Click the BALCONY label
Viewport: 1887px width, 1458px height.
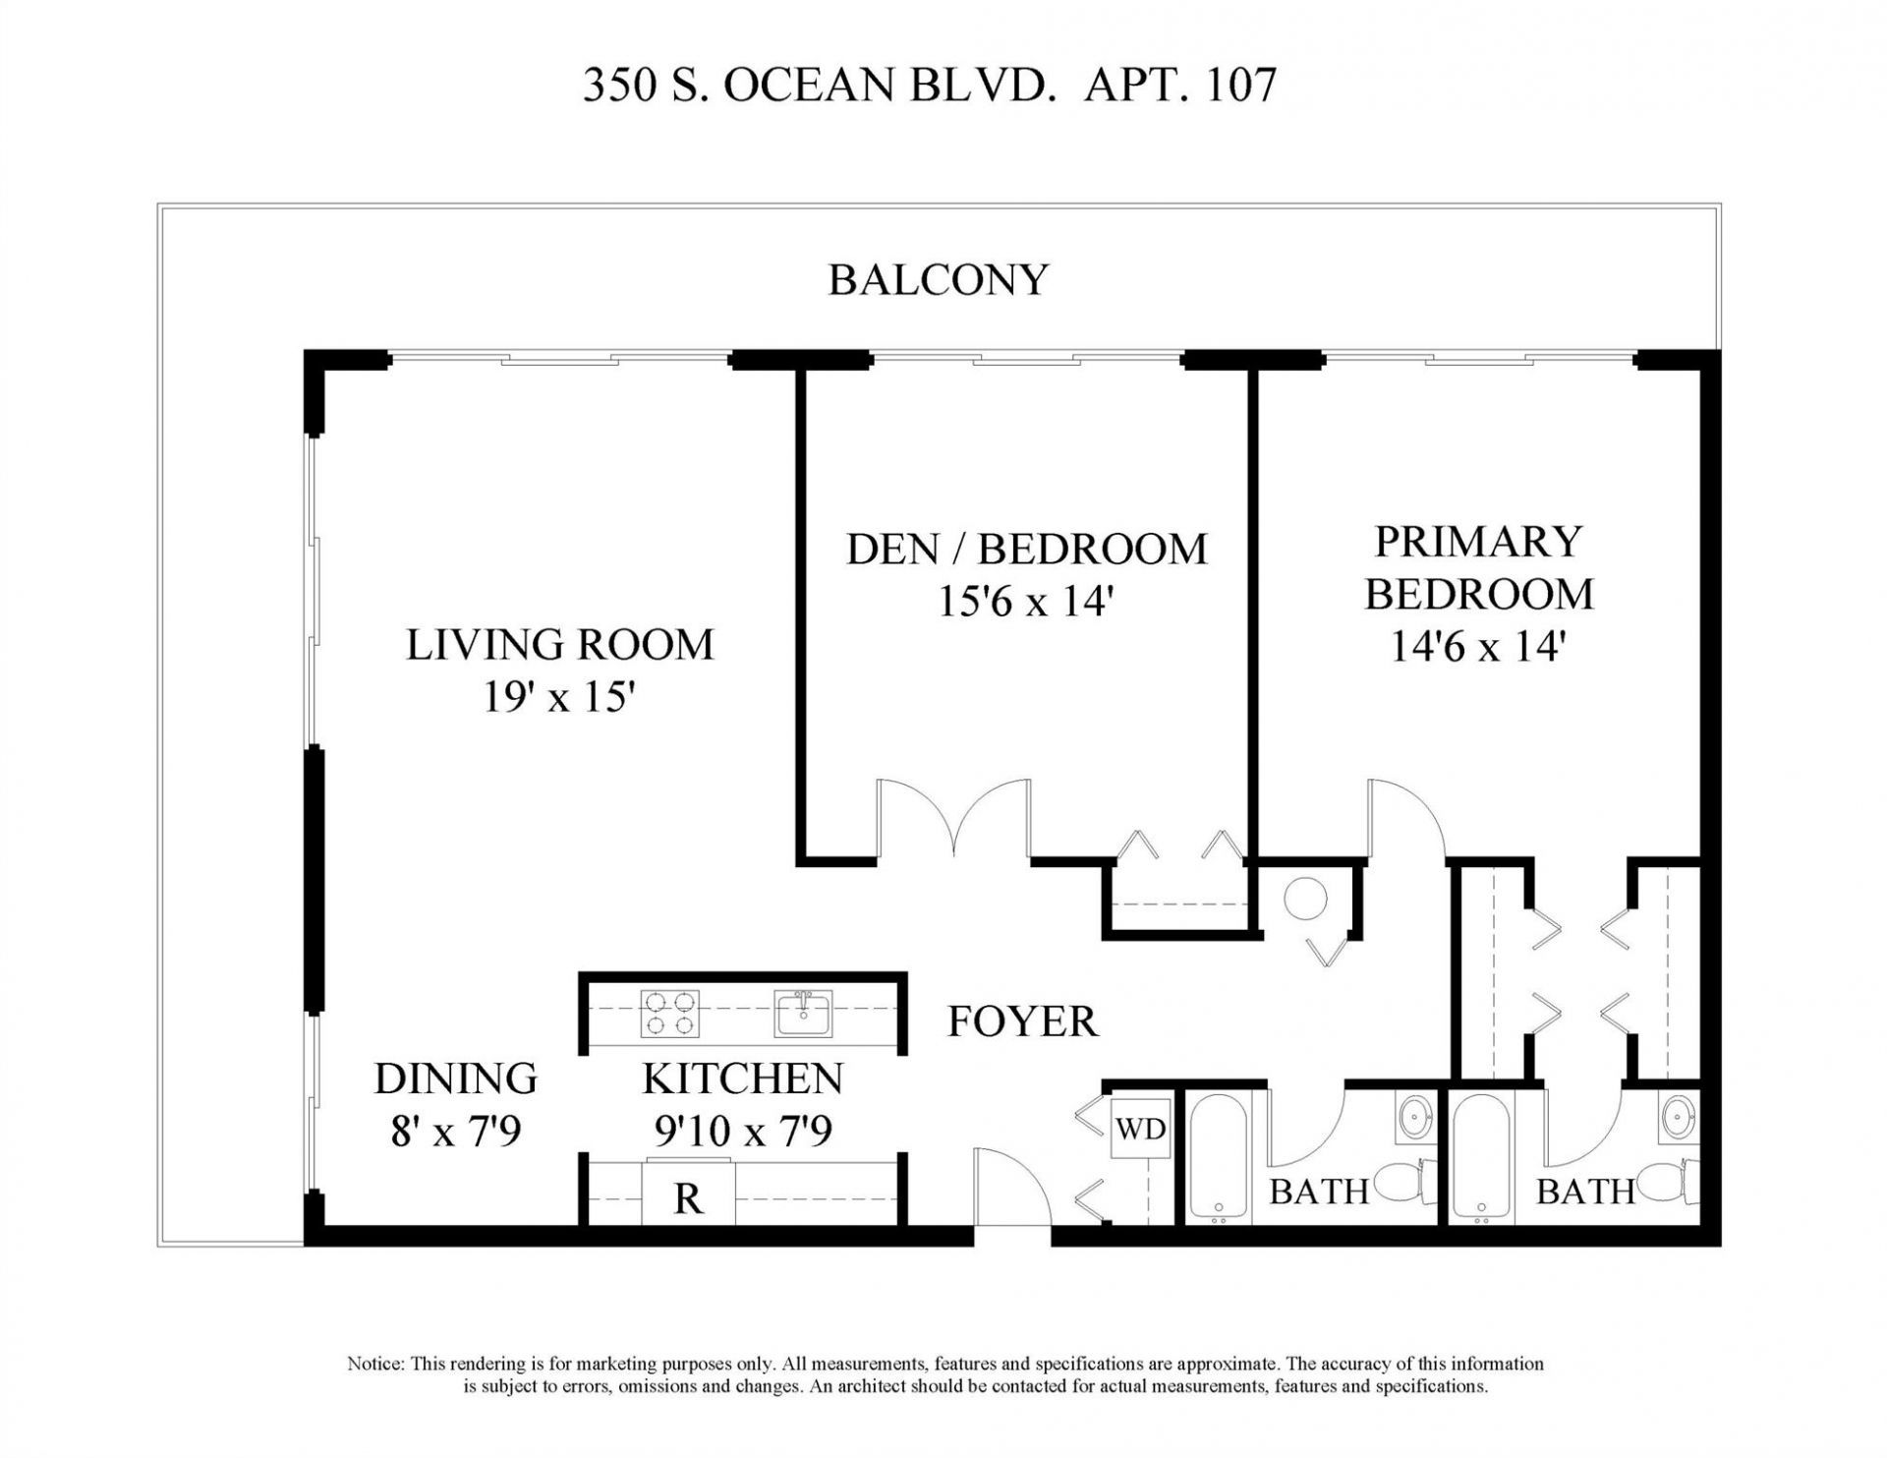click(939, 280)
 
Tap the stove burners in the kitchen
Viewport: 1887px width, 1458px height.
click(670, 1015)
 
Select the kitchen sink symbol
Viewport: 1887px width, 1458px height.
click(803, 1014)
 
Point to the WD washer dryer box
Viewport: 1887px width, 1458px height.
click(1140, 1130)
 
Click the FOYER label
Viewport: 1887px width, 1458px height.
click(1022, 1022)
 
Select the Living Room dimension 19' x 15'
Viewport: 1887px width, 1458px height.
click(559, 698)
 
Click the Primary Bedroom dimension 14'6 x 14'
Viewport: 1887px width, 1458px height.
click(1477, 647)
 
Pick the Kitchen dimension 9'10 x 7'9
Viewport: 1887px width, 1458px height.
click(743, 1131)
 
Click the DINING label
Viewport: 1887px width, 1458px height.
click(456, 1079)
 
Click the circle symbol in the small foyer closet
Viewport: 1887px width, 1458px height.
click(1306, 899)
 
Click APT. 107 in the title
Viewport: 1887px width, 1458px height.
click(1180, 85)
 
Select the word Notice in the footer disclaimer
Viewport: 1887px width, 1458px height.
click(375, 1364)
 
